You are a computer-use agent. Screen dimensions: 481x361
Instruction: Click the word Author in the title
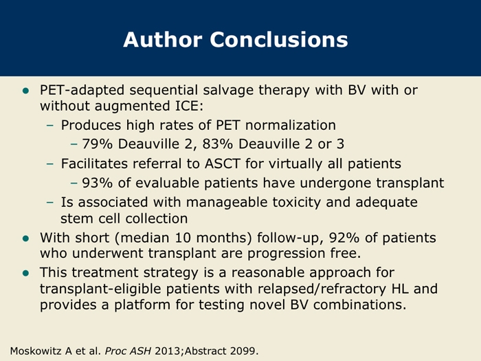(163, 40)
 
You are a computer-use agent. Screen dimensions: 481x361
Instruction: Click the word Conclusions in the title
(279, 40)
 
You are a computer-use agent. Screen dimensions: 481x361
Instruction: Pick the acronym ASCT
(223, 164)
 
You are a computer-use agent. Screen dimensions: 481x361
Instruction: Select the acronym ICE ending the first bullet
(189, 106)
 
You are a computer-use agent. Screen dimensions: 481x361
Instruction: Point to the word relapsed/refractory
(322, 289)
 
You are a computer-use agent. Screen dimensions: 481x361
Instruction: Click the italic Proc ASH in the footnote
(128, 351)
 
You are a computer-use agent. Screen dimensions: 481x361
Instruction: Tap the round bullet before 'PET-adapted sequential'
(26, 91)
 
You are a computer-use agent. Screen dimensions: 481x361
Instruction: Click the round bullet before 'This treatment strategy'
(26, 273)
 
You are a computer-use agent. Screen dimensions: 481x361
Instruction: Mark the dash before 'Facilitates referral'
(49, 164)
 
